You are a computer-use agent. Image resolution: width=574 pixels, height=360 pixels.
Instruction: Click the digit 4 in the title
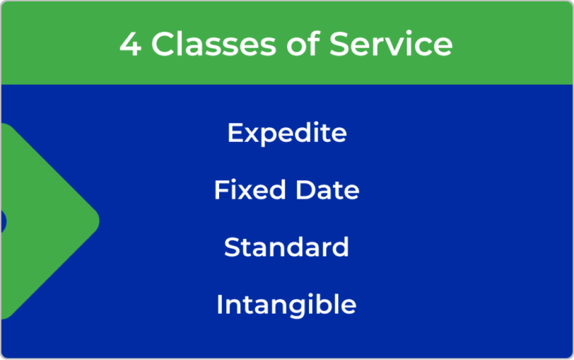click(130, 44)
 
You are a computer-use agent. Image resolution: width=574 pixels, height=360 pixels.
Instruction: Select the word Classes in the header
click(214, 44)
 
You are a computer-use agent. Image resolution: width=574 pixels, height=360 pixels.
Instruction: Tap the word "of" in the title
click(303, 44)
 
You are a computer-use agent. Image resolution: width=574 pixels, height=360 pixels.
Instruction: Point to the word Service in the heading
click(391, 44)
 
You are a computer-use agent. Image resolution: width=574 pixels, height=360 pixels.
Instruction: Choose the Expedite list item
click(287, 133)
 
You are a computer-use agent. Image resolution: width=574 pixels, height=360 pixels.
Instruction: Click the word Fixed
click(249, 190)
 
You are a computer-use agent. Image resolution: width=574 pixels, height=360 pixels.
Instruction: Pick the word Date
click(327, 190)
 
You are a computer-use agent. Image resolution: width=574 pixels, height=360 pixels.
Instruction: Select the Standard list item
click(286, 247)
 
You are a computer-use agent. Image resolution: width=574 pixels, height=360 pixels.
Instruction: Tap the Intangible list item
click(286, 304)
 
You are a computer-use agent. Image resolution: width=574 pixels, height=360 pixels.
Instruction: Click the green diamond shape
click(44, 221)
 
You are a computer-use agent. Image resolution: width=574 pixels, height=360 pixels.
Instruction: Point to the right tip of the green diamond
click(99, 221)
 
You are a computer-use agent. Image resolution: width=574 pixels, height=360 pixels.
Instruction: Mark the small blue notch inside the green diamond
click(3, 221)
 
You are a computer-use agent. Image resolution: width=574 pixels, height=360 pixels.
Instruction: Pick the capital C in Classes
click(164, 44)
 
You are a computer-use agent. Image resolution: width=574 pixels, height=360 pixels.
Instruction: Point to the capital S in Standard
click(233, 247)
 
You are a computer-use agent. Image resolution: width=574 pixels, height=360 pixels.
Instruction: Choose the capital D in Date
click(305, 190)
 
